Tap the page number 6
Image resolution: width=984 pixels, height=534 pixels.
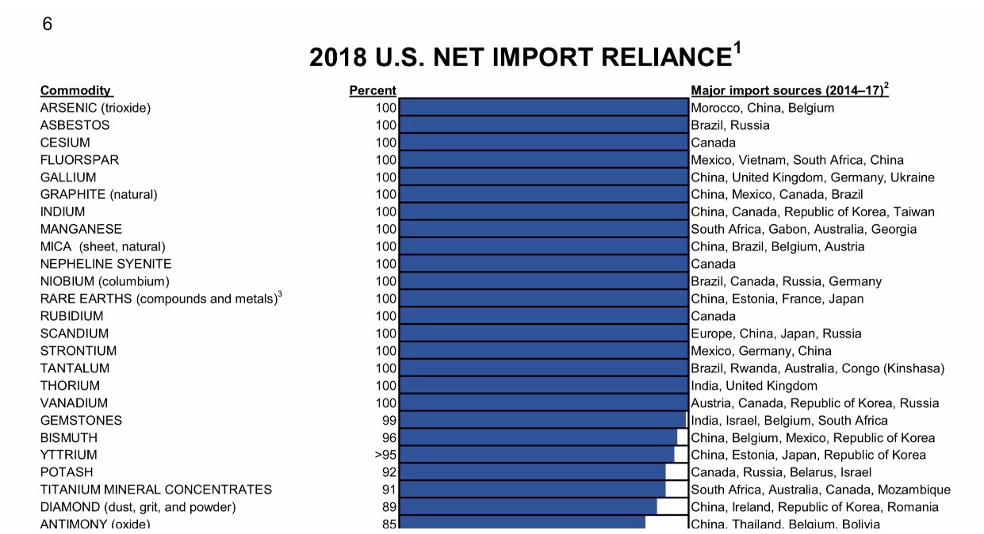tap(47, 25)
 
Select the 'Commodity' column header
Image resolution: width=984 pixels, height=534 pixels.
tap(76, 90)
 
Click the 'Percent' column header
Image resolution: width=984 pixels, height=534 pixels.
tap(373, 90)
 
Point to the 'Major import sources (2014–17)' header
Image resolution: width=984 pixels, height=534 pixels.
tap(789, 90)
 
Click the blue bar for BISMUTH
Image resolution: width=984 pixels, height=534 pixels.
tap(538, 437)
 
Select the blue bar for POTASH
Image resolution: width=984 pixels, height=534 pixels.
tap(532, 472)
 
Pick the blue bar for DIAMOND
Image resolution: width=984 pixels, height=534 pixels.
tap(528, 507)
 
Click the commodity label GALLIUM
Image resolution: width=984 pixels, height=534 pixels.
tap(68, 177)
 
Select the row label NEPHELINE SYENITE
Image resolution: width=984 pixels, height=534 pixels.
tap(105, 264)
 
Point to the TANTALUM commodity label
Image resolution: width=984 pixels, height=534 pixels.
tap(75, 368)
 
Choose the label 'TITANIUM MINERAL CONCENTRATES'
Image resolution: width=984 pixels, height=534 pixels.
tap(156, 490)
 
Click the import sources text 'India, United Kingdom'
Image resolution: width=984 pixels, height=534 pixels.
tap(754, 386)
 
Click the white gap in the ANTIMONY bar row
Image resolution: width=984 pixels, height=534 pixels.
tap(666, 523)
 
